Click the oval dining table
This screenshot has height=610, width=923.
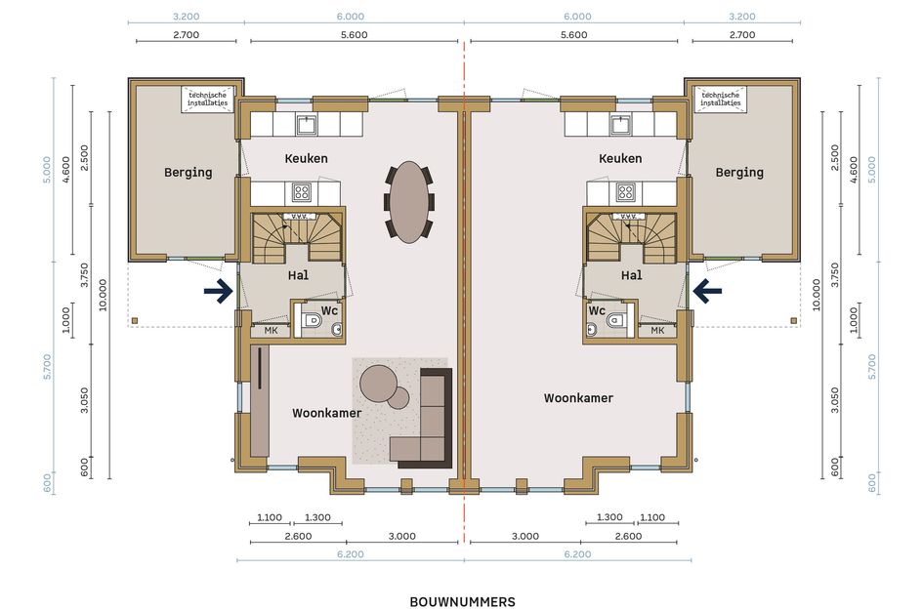tap(409, 202)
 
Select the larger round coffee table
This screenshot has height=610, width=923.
tap(377, 383)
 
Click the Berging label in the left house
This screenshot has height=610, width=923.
tap(188, 173)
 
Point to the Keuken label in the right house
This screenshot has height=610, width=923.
tap(620, 158)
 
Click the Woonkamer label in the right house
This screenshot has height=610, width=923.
tap(578, 398)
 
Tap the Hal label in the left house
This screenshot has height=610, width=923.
tap(298, 275)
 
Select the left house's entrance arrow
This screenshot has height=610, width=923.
tap(219, 291)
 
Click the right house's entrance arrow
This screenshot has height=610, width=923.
tap(707, 291)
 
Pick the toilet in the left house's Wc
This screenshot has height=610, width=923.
tap(312, 321)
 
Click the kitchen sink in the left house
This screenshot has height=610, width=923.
tap(306, 125)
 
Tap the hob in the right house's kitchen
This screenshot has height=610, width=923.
tap(625, 191)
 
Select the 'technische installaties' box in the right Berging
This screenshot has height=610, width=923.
tap(720, 99)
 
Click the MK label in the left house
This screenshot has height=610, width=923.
tap(271, 331)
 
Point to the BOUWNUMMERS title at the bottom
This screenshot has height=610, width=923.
tap(462, 602)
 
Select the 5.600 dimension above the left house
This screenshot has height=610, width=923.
tap(355, 35)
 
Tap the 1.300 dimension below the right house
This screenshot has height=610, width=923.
tap(609, 517)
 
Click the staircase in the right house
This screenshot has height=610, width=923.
tap(630, 237)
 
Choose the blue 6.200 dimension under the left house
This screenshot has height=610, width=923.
tap(351, 554)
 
